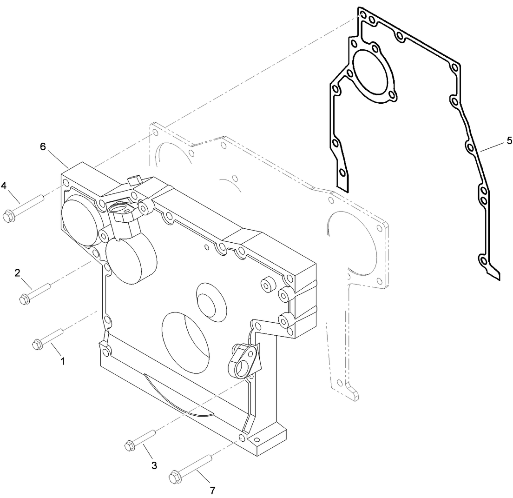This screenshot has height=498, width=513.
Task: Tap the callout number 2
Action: pos(17,273)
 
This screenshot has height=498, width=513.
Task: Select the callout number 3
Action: pos(154,465)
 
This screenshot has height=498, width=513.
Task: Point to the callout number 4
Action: pos(4,186)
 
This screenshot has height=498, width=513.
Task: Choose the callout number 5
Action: pos(509,140)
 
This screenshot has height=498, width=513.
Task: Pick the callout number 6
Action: pos(43,146)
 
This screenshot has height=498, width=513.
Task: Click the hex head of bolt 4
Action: pos(7,216)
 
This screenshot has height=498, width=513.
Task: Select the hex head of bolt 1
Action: pos(37,345)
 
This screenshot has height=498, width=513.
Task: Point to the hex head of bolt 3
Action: pos(130,446)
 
